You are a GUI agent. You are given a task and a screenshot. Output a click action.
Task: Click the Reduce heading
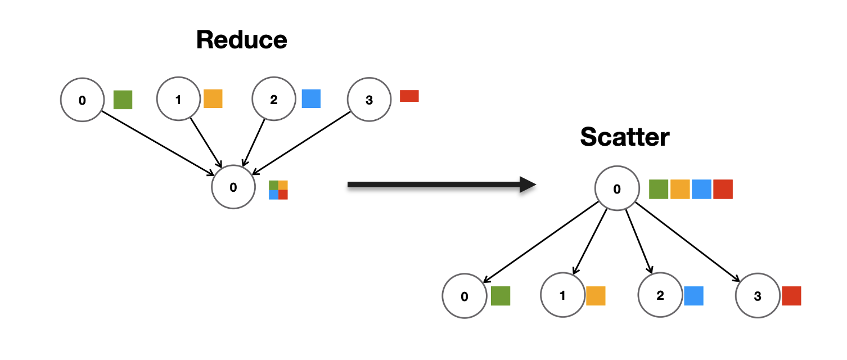coord(241,40)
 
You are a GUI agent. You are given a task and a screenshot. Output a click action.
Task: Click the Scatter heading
coord(624,137)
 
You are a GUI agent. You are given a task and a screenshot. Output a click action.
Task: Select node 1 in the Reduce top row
coord(178,100)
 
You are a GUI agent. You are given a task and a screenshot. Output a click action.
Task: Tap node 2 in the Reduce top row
coord(273,100)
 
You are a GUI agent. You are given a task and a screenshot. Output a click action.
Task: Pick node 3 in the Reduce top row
coord(369,100)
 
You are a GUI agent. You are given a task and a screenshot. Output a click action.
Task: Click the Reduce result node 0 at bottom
coord(233,187)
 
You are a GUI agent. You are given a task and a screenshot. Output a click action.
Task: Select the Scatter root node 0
coord(617,189)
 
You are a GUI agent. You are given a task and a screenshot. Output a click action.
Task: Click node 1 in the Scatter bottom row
coord(562,295)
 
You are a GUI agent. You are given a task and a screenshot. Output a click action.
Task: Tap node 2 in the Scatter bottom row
coord(660,295)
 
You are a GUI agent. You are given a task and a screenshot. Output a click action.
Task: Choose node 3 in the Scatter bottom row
coord(757,296)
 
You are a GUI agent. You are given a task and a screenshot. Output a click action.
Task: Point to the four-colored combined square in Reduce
coord(278,190)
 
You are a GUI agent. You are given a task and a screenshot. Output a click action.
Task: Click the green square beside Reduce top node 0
coord(123,100)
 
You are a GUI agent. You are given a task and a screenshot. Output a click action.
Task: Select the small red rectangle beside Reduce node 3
coord(409,96)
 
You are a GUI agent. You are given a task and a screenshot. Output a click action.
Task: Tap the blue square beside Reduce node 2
coord(311,98)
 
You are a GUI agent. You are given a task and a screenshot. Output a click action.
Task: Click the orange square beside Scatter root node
coord(680,189)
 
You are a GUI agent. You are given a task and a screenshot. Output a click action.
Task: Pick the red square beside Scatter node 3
coord(791,296)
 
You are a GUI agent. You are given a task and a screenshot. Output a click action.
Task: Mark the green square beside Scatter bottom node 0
coord(500,296)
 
